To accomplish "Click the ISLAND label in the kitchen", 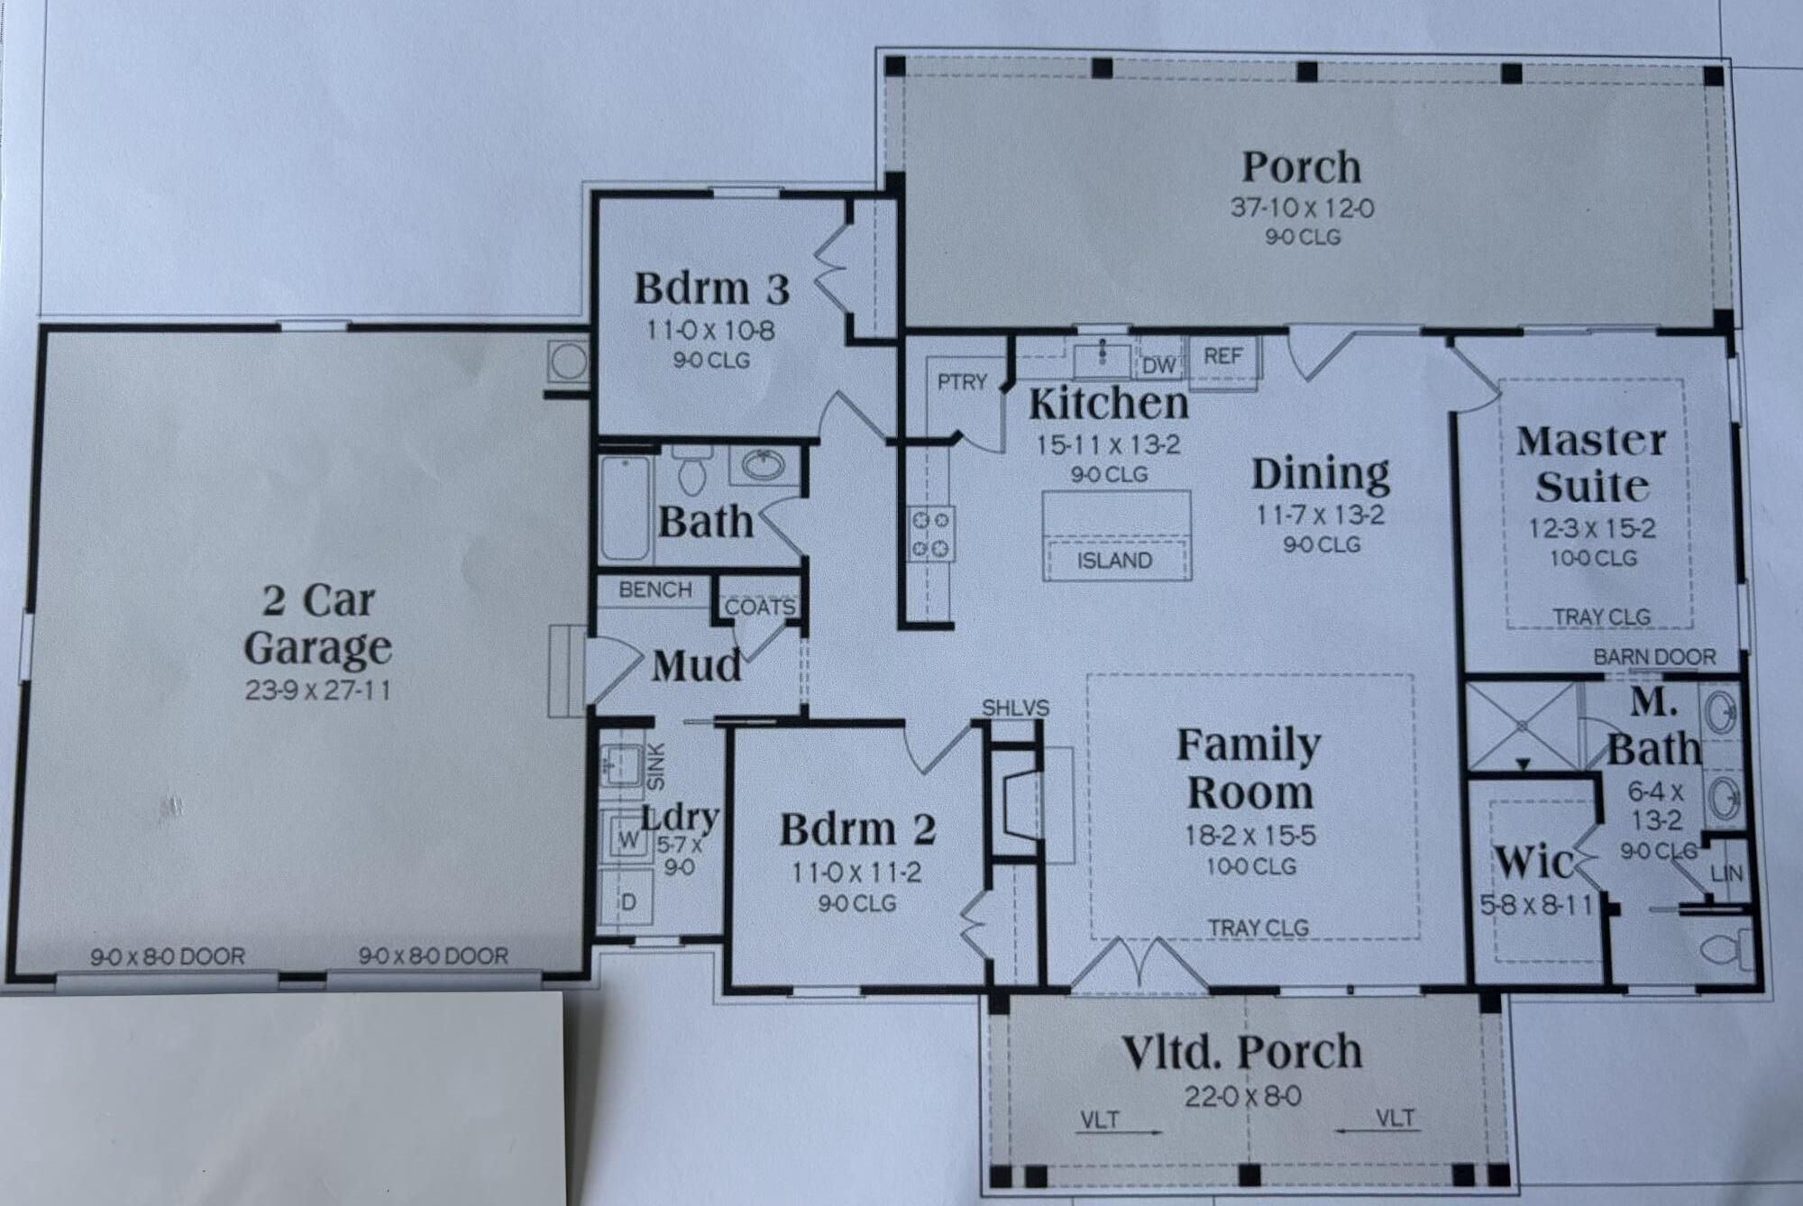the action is pyautogui.click(x=1114, y=561).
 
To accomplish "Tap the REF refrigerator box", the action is pyautogui.click(x=1223, y=358).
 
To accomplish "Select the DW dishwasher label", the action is pyautogui.click(x=1159, y=366).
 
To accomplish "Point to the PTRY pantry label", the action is pyautogui.click(x=962, y=382).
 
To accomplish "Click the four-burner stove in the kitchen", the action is pyautogui.click(x=932, y=534).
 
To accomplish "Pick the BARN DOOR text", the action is pyautogui.click(x=1654, y=657).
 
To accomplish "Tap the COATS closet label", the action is pyautogui.click(x=760, y=608).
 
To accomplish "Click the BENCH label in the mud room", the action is pyautogui.click(x=655, y=589).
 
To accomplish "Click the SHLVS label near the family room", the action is pyautogui.click(x=1016, y=708).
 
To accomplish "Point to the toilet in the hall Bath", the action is pyautogui.click(x=692, y=469).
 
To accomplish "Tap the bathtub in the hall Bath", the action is pyautogui.click(x=626, y=507).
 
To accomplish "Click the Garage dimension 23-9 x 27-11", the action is pyautogui.click(x=317, y=691).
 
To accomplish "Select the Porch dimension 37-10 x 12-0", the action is pyautogui.click(x=1303, y=208).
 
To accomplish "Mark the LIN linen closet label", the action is pyautogui.click(x=1726, y=873).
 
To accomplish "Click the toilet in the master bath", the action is pyautogui.click(x=1725, y=950).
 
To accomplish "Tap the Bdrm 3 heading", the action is pyautogui.click(x=712, y=288).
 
